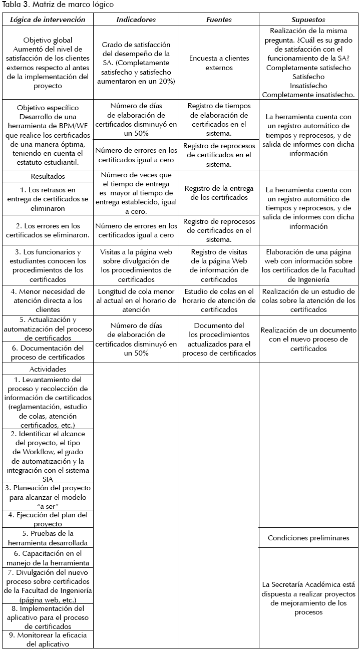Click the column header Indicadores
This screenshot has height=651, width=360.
tap(136, 20)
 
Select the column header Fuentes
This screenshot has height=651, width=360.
tap(219, 20)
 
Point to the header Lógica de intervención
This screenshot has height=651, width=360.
tap(48, 20)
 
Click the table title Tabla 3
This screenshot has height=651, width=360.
tap(58, 5)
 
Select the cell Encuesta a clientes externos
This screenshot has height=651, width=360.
tap(219, 63)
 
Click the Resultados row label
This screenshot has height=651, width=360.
tap(48, 176)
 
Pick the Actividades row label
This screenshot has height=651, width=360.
tap(48, 369)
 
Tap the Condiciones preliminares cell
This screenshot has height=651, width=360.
tap(308, 538)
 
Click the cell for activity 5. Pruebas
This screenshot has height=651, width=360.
tap(48, 538)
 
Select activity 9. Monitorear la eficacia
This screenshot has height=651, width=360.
tap(48, 639)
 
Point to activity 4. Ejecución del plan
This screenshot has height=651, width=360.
tap(48, 519)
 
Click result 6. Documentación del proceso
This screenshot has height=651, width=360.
tap(48, 353)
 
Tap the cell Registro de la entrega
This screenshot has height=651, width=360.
tap(219, 193)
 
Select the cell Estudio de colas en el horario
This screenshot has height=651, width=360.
tap(219, 300)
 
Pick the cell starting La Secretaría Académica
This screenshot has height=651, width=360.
tap(308, 598)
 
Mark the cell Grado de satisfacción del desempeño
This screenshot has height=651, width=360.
tap(136, 63)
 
